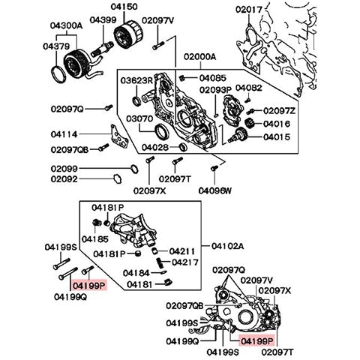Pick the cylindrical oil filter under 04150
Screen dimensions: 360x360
125,34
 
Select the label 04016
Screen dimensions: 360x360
277,124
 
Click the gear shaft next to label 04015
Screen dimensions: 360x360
244,136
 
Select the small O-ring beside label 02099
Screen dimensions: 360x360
133,166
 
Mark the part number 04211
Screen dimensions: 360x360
182,251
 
